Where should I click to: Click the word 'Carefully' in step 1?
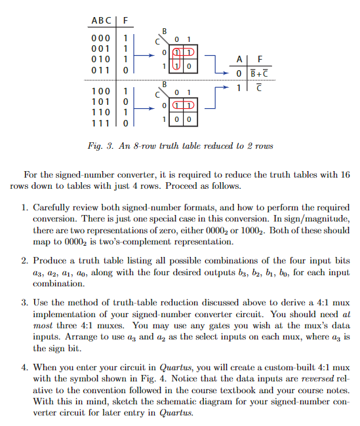click(x=55, y=206)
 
